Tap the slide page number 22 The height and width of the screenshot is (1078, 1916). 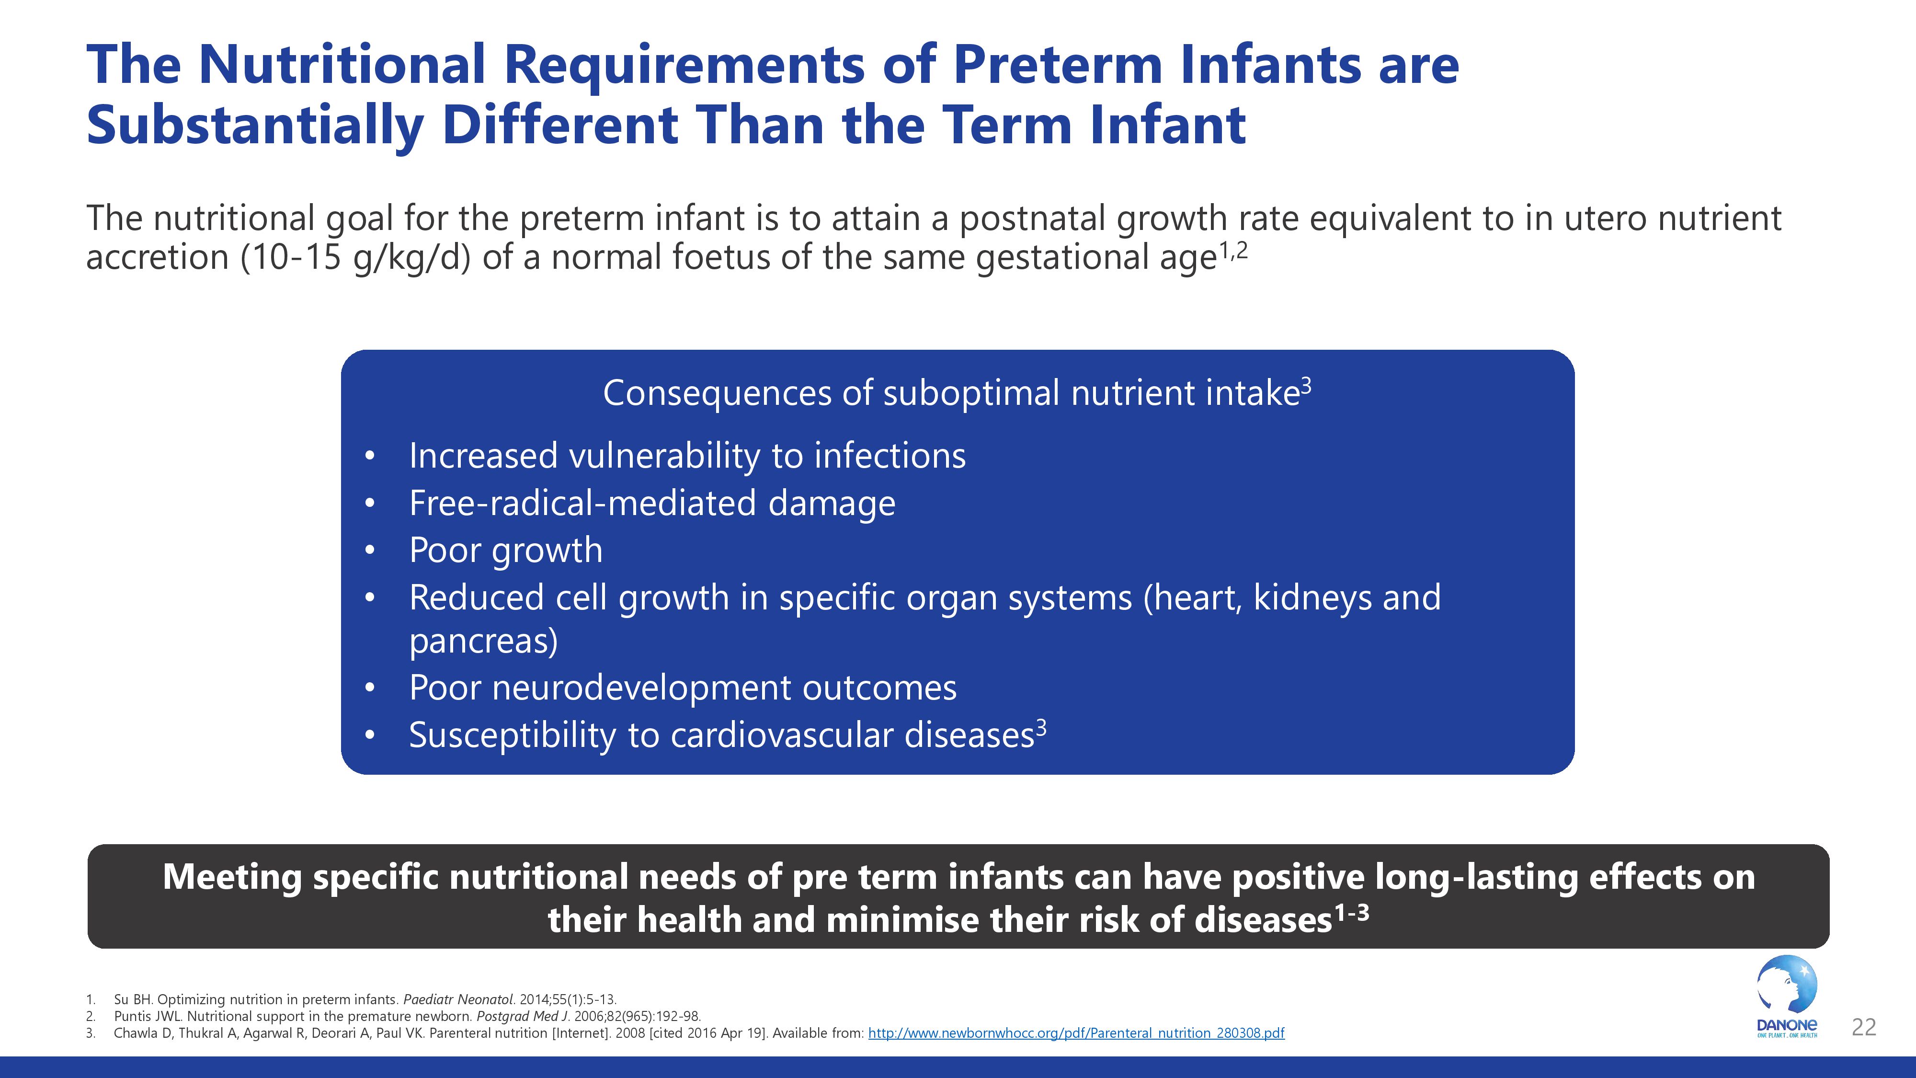point(1863,1027)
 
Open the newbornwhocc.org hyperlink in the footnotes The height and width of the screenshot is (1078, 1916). point(1076,1033)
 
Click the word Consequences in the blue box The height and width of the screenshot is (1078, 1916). point(717,393)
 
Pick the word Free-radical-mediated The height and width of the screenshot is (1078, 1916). point(582,503)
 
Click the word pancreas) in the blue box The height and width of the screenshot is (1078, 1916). point(483,642)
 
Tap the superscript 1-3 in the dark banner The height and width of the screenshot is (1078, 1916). point(1351,913)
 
